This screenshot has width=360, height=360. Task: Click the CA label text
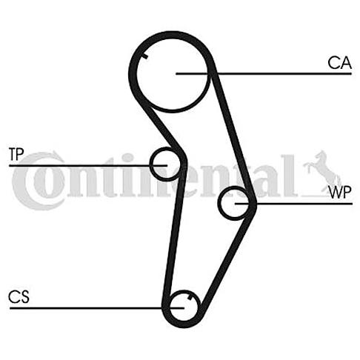pos(339,63)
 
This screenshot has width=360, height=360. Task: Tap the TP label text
pos(16,154)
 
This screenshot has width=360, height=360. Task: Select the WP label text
pos(340,193)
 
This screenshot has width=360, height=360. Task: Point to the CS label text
pos(19,296)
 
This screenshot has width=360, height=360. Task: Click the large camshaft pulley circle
pos(136,74)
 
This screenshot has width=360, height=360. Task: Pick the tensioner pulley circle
pos(151,164)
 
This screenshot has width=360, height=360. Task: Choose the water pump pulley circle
pos(219,203)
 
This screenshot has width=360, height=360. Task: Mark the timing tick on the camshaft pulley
pos(145,56)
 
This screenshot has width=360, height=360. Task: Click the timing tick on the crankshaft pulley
pos(190,297)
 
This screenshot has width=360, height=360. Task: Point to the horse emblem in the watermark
pos(322,171)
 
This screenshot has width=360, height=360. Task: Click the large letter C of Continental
pos(37,181)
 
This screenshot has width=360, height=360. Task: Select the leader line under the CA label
pos(264,73)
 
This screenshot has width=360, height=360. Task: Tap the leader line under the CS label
pos(97,308)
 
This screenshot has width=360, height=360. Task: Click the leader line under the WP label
pos(293,204)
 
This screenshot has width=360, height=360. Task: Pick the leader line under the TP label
pos(88,165)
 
